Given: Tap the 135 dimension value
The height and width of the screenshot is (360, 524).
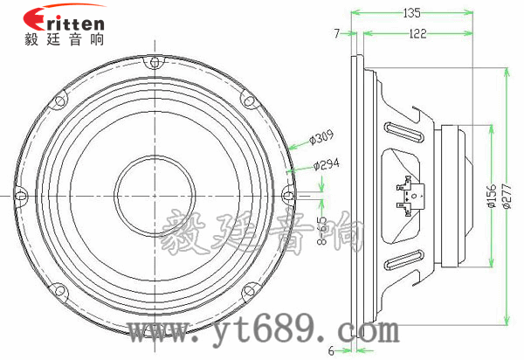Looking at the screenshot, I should coord(412,13).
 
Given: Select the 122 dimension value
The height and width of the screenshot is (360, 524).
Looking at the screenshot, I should coord(417,33).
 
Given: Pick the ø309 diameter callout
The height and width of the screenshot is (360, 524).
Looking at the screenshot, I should coord(322,136).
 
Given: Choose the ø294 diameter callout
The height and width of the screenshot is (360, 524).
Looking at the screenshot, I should coord(325,163).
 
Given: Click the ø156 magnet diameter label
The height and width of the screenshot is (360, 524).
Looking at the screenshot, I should coord(491,195).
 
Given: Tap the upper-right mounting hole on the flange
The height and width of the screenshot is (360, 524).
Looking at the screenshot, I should coord(251,100).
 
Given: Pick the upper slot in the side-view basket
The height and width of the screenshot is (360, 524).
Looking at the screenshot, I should coord(404,133).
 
